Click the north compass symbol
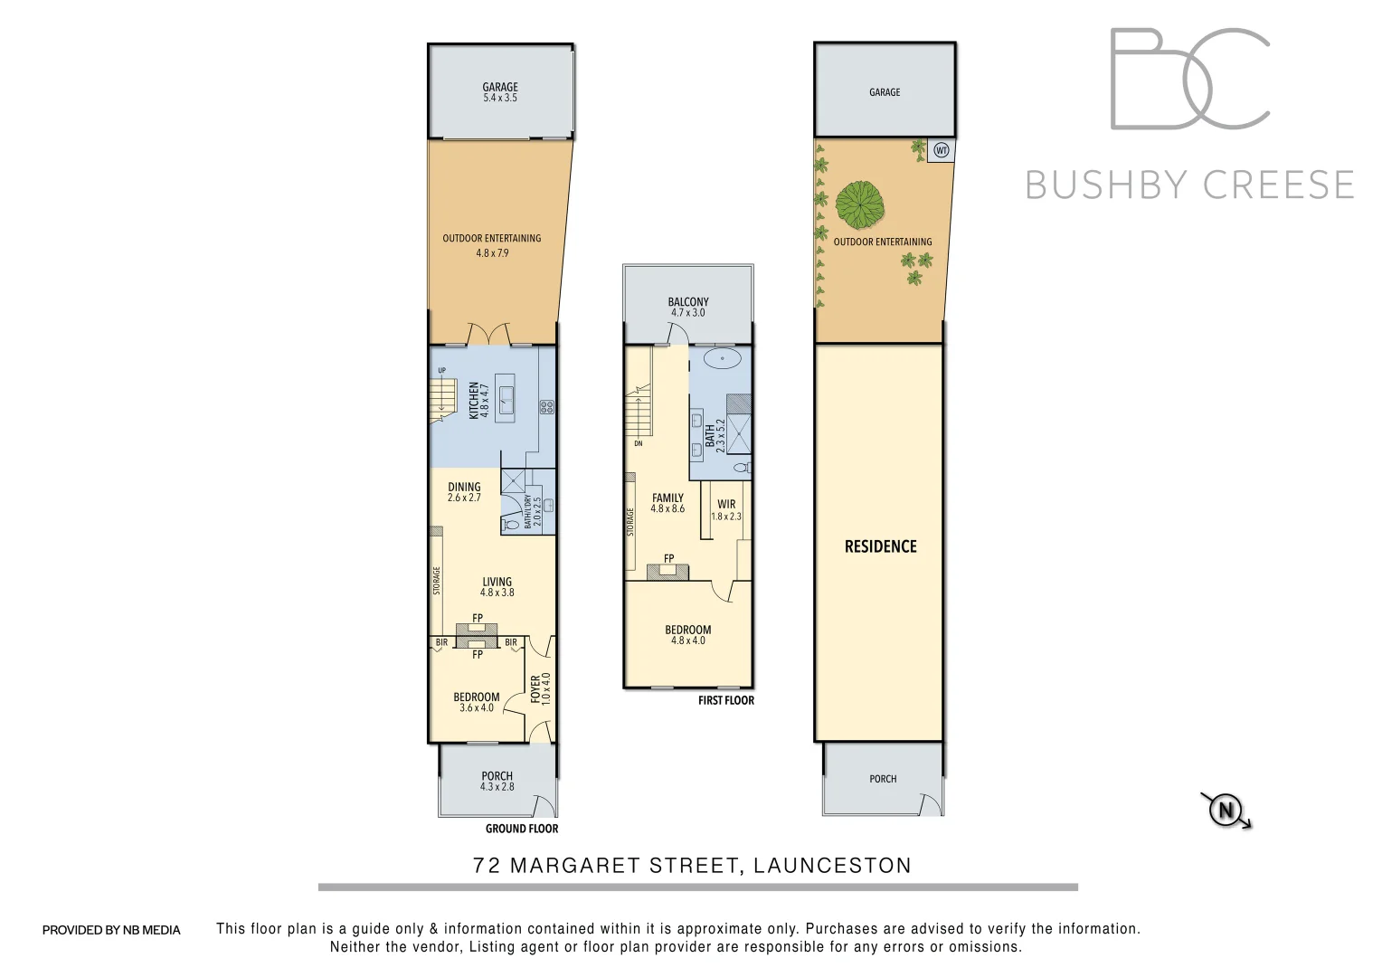click(1226, 809)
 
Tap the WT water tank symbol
click(941, 150)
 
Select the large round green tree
click(858, 205)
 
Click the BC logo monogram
click(1189, 79)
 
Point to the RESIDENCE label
click(880, 546)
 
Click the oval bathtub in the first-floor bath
click(723, 358)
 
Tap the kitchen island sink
click(506, 399)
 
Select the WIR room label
click(726, 505)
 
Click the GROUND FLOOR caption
click(522, 829)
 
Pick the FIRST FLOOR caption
click(725, 700)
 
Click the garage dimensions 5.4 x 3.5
click(500, 98)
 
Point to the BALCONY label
click(688, 302)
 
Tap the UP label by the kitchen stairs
click(442, 370)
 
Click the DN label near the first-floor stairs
click(639, 443)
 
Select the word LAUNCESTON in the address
click(832, 866)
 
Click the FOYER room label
click(535, 688)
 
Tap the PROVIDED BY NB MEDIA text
click(111, 930)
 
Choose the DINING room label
click(464, 487)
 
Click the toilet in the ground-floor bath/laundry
click(510, 523)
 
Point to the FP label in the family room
click(669, 559)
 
